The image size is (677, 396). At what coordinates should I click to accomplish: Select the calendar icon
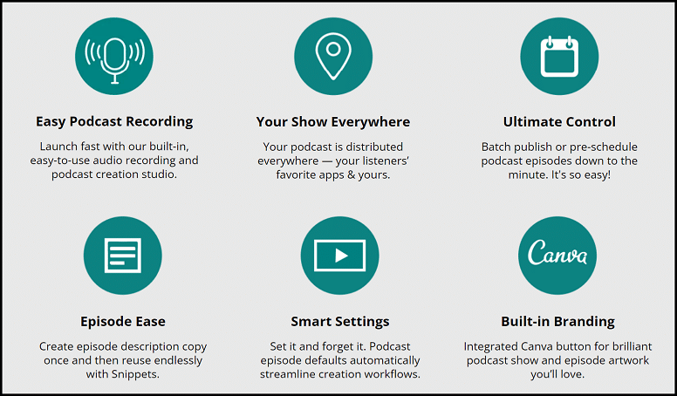click(x=559, y=56)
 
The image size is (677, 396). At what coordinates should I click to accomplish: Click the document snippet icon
click(x=123, y=256)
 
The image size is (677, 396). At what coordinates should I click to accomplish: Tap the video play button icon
click(x=339, y=256)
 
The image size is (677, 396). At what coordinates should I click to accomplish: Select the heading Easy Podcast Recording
click(x=114, y=122)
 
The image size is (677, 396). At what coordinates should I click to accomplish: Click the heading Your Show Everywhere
click(x=333, y=122)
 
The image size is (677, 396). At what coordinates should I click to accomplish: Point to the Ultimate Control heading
click(x=559, y=122)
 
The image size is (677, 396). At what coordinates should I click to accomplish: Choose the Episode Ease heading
click(x=123, y=322)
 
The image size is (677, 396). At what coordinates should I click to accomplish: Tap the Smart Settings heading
click(x=340, y=322)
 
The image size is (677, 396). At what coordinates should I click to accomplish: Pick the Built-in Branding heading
click(x=558, y=322)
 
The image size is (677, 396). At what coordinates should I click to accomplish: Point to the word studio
click(x=162, y=174)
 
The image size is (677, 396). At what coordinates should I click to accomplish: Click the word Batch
click(x=496, y=147)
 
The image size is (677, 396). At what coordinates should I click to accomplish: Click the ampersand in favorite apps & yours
click(x=351, y=175)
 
